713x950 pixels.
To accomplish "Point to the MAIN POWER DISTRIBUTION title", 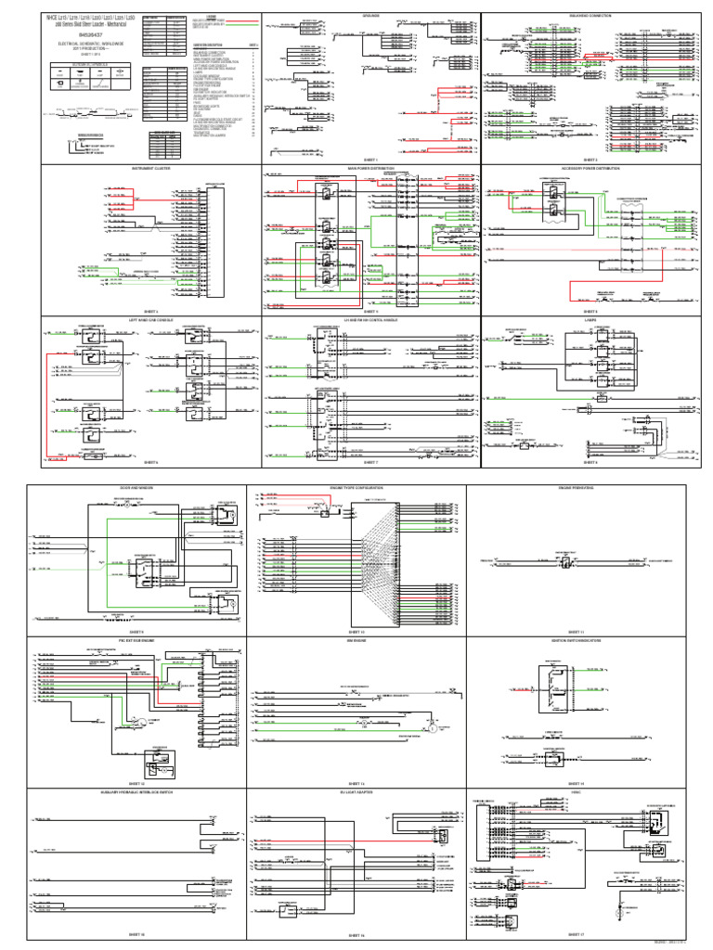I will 370,169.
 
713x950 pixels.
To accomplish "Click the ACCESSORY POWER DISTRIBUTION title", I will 590,169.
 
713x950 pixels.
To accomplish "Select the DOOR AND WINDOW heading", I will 135,487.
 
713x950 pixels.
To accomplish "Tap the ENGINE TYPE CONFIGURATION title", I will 356,487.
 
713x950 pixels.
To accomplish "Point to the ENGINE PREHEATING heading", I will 577,487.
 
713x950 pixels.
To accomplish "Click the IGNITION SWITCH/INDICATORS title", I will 577,639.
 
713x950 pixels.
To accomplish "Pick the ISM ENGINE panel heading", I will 356,639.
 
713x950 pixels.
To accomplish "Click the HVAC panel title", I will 577,791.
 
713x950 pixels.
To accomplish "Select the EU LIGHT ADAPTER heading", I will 356,791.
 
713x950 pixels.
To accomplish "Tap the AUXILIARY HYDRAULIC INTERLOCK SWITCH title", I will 135,791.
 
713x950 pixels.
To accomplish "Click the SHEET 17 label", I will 577,934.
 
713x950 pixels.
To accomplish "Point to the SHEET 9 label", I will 135,629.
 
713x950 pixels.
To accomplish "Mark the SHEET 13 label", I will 356,782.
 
